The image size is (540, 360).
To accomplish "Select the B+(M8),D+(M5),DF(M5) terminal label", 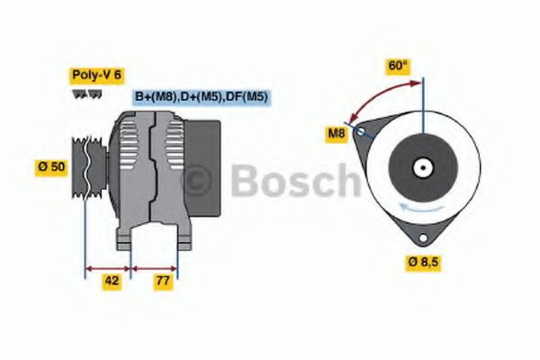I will [x=202, y=96].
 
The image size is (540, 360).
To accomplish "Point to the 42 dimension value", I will [x=112, y=281].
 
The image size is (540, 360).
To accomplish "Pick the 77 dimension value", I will [x=163, y=281].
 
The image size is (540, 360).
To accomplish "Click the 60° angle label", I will [x=398, y=66].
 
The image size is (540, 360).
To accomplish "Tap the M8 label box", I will [x=336, y=135].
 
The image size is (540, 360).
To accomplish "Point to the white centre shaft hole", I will [x=420, y=167].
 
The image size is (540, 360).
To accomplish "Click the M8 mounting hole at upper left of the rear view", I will [x=361, y=132].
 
